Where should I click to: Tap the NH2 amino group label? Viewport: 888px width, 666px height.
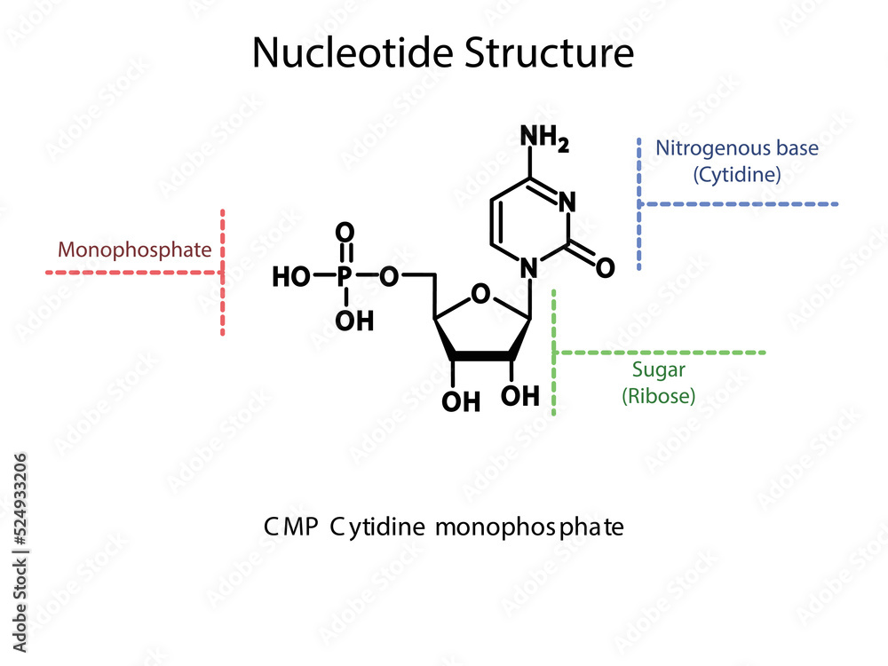543,139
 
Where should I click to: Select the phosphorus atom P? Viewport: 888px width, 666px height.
345,277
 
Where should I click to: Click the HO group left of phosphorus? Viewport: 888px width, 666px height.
291,277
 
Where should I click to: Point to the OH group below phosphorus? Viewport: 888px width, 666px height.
354,321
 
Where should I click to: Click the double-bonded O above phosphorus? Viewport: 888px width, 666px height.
345,234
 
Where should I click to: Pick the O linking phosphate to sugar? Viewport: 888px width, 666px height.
388,277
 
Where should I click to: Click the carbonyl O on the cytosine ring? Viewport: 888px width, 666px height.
605,266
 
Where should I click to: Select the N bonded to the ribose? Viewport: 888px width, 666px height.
530,266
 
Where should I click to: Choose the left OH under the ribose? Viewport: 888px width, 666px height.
461,402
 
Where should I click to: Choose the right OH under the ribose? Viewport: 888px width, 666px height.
519,394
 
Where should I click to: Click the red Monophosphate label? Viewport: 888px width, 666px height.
135,250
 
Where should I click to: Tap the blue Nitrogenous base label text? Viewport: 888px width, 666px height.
737,148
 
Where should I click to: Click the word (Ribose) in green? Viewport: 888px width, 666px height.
658,397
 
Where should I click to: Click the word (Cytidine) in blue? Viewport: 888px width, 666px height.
737,175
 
